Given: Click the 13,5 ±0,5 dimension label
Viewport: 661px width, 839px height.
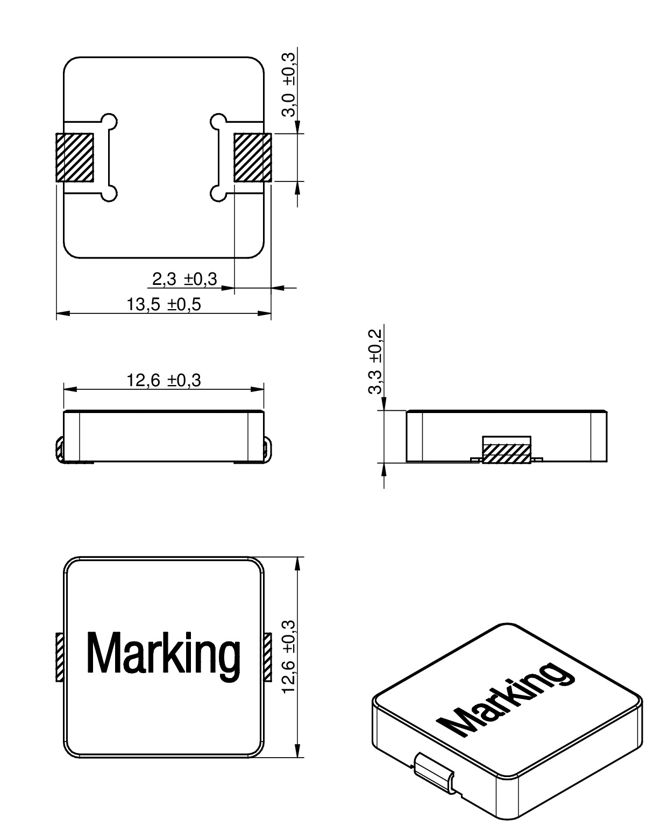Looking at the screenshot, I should [164, 305].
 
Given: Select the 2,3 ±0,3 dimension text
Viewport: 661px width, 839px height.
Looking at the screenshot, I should [184, 279].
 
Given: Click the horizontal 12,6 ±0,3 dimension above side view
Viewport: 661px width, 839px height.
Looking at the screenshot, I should [164, 381].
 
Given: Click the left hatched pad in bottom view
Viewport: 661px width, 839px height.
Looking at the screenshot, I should [75, 157].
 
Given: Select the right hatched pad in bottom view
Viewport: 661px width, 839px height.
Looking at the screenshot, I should [252, 157].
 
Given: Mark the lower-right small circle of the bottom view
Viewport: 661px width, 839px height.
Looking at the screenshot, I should [217, 193].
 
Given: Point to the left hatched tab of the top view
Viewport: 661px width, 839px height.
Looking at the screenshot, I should [60, 658].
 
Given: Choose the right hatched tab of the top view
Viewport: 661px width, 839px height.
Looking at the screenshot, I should [267, 658].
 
